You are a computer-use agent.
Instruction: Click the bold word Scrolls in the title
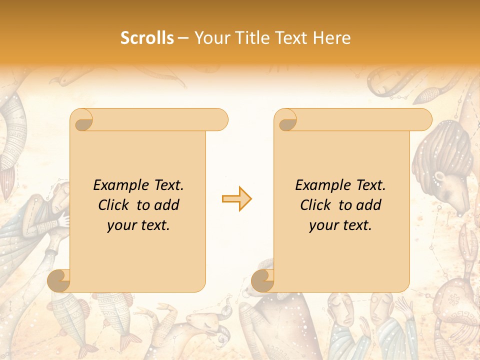[147, 38]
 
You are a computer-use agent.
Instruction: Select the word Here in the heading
[331, 38]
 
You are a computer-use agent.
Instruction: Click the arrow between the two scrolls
[236, 199]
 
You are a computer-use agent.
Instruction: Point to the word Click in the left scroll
[115, 205]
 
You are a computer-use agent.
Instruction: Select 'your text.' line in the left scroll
[138, 225]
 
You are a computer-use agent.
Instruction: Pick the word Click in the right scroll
[317, 205]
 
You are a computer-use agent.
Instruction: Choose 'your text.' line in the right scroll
[340, 225]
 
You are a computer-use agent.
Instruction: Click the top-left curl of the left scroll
[83, 120]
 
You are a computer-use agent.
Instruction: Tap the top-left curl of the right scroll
[286, 120]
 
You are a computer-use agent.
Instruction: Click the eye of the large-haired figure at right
[439, 176]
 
